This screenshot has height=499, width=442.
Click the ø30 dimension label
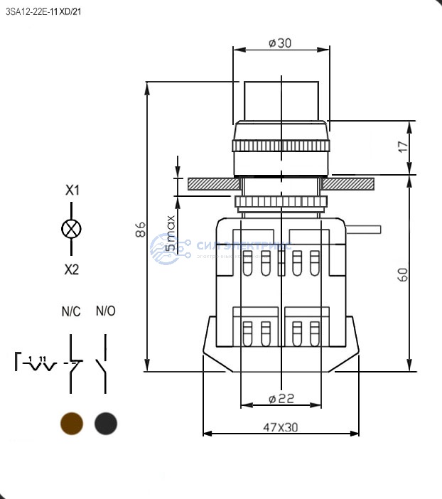(x=281, y=43)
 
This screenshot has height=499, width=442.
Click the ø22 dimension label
(x=281, y=399)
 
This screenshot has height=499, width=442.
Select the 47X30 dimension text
(x=281, y=428)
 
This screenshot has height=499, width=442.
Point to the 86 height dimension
(x=141, y=229)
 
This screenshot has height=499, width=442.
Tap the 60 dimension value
(x=403, y=274)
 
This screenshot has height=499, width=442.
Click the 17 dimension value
(x=403, y=147)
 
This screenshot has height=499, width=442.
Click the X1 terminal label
(x=72, y=191)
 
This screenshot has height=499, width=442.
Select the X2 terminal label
(x=72, y=269)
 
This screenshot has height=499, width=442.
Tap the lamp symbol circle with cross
(x=72, y=229)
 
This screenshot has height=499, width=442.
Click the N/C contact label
(x=71, y=311)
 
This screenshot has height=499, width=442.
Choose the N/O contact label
(x=105, y=311)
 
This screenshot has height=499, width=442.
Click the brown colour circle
(x=72, y=424)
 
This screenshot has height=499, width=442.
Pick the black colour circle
(x=106, y=424)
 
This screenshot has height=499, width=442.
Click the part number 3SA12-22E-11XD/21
(x=43, y=11)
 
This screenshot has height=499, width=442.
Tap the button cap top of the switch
(x=281, y=102)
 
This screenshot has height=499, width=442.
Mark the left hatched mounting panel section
(x=211, y=184)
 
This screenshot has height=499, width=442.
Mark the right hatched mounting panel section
(x=348, y=184)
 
